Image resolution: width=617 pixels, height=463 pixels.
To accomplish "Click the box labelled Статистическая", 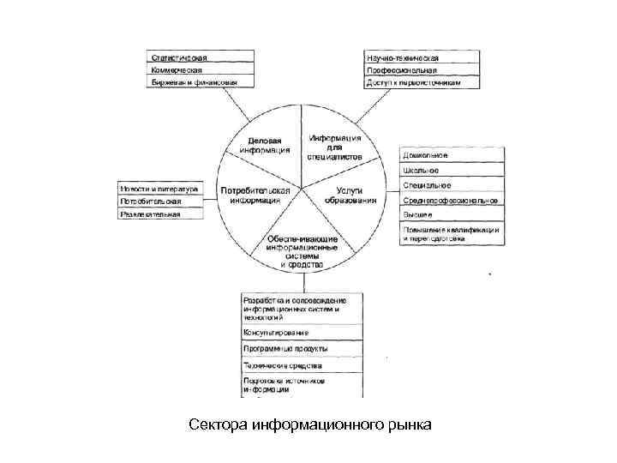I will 201,57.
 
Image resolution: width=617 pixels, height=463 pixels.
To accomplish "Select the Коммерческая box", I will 201,70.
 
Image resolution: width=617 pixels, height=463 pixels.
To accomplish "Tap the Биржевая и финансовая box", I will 201,83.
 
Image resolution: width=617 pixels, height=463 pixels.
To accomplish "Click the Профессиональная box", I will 419,70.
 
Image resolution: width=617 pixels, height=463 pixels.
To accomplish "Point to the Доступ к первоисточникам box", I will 419,83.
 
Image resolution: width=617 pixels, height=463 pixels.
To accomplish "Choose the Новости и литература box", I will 161,189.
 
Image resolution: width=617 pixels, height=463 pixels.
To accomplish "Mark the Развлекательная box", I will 161,214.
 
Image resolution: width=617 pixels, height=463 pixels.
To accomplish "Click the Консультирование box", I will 302,332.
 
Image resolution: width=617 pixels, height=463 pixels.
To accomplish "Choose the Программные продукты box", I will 302,348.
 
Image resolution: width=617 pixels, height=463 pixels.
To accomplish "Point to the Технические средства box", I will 302,364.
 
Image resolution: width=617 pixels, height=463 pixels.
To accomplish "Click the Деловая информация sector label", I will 269,144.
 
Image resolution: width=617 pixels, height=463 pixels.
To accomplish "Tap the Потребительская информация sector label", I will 255,195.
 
